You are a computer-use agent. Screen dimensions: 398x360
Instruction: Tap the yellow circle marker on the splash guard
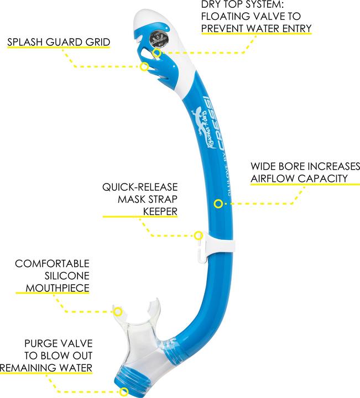(x=144, y=67)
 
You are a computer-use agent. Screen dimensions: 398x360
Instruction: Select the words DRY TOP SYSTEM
(x=241, y=5)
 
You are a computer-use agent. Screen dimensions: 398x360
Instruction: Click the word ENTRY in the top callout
(x=296, y=28)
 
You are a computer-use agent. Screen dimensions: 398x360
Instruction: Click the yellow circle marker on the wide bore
(x=218, y=204)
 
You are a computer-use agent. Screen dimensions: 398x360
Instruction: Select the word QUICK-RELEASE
(x=139, y=188)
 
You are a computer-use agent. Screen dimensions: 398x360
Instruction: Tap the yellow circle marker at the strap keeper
(x=198, y=235)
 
